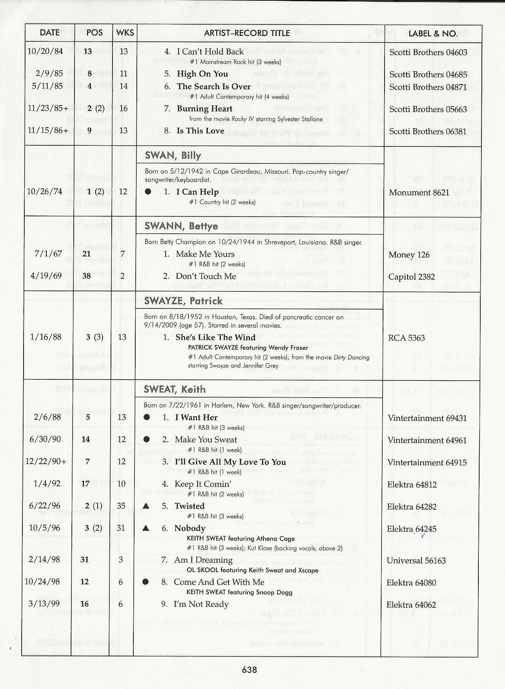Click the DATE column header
(x=49, y=33)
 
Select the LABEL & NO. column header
(x=433, y=33)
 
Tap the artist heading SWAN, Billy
(x=173, y=156)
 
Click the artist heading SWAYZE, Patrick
(x=183, y=301)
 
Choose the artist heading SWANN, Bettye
(x=181, y=227)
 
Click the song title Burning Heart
(x=204, y=109)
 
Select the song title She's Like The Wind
(x=215, y=338)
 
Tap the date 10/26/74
(x=44, y=191)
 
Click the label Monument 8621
(x=419, y=193)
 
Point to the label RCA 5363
(x=406, y=338)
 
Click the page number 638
(x=249, y=670)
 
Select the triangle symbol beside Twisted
(x=146, y=506)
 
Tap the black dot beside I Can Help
(x=148, y=192)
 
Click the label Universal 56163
(x=416, y=561)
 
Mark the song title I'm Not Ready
(x=201, y=604)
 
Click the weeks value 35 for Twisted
(x=121, y=506)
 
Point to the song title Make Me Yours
(x=205, y=254)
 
